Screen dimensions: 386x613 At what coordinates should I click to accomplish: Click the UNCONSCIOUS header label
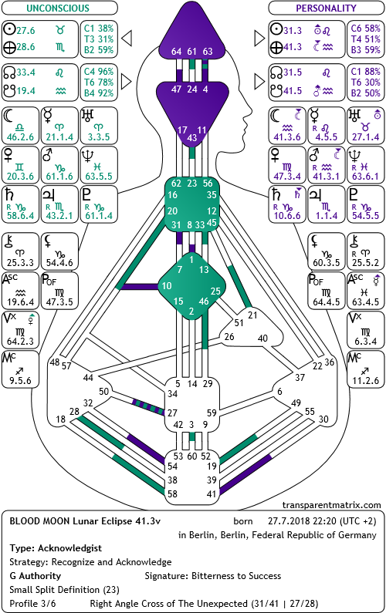58,8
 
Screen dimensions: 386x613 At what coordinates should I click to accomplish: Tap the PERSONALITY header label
326,8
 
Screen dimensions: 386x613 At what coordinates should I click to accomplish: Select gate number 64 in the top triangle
176,51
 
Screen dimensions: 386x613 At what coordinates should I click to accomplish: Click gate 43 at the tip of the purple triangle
191,137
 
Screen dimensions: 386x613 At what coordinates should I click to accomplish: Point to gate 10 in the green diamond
167,286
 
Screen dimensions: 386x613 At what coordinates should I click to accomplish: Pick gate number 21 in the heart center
253,315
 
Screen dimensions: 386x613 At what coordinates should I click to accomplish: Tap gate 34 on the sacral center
173,394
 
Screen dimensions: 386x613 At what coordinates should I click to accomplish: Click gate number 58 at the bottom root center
173,493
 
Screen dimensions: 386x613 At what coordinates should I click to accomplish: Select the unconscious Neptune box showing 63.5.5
99,165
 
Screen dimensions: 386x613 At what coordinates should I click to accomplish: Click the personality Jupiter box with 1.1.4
327,204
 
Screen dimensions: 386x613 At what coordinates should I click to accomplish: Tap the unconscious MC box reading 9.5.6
20,369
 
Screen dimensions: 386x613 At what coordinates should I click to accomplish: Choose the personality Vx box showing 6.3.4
366,330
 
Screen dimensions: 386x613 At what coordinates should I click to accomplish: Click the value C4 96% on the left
99,72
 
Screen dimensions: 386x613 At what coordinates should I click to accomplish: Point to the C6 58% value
366,29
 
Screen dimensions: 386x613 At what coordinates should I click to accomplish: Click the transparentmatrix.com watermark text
332,505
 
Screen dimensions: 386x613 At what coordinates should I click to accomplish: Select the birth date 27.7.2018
287,521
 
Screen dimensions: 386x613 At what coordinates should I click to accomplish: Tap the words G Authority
36,576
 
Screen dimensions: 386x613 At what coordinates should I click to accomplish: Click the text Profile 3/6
32,604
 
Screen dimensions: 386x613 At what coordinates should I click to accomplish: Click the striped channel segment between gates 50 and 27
148,406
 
